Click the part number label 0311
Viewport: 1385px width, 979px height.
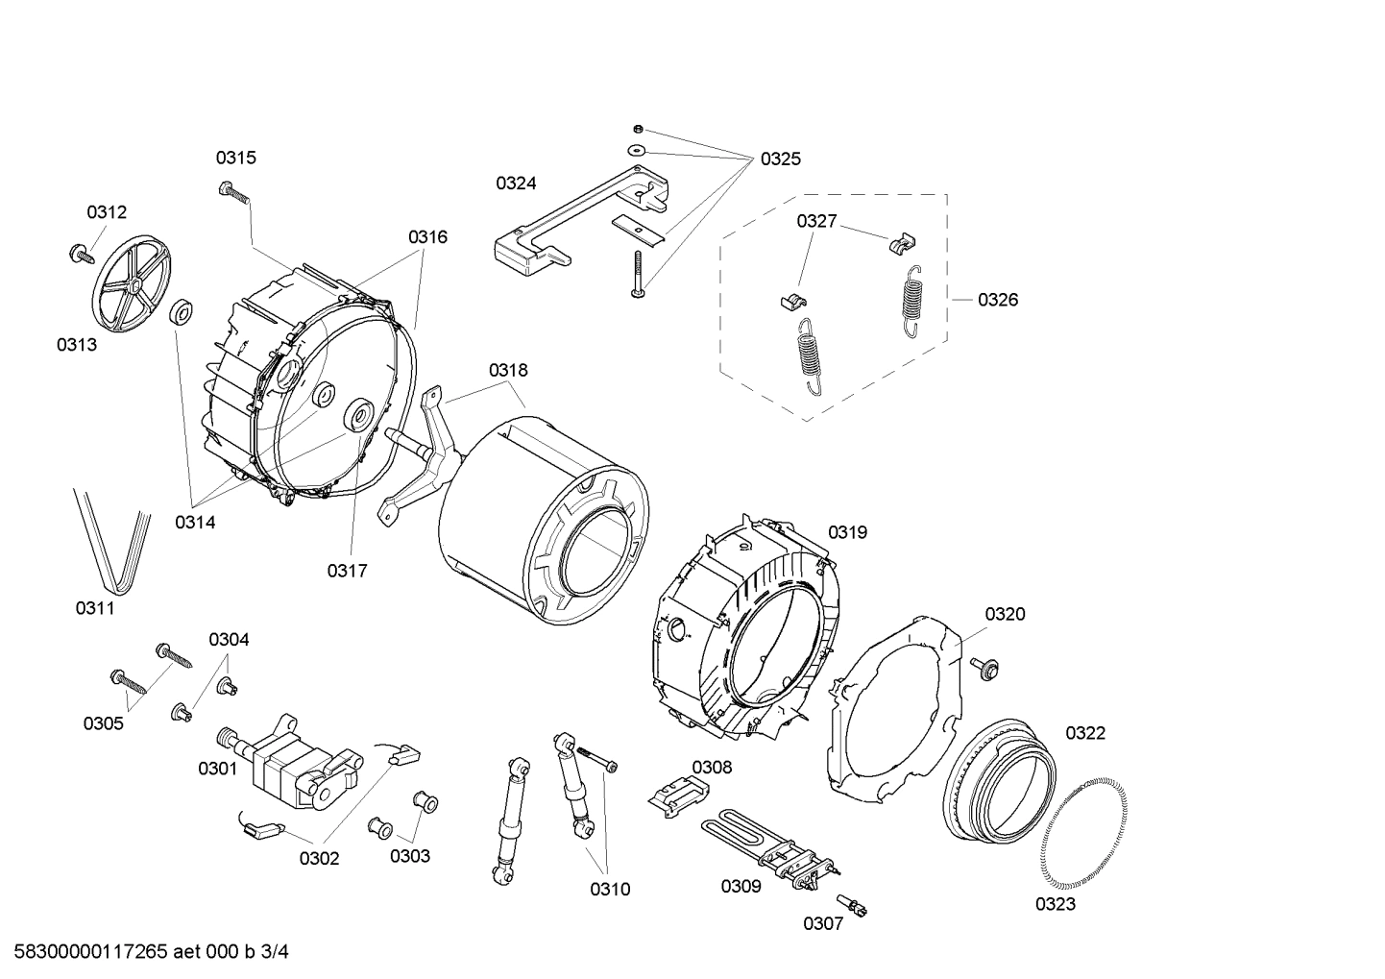(x=95, y=607)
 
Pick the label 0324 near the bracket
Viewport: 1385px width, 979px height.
(x=516, y=184)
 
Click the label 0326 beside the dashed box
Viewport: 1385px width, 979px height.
(x=998, y=300)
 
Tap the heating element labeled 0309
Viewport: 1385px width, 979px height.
(x=768, y=845)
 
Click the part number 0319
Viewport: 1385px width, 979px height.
(x=847, y=532)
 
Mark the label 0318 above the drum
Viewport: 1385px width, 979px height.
(x=507, y=370)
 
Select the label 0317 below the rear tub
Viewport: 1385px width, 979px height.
(x=347, y=571)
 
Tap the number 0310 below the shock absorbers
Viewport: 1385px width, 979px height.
(x=610, y=889)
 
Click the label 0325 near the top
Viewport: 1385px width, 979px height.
(x=780, y=159)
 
